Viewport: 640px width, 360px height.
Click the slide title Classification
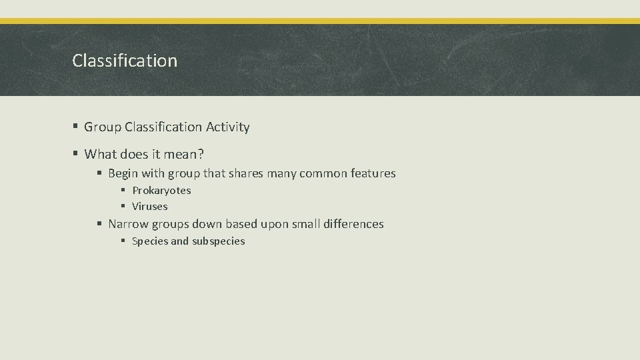[x=125, y=61]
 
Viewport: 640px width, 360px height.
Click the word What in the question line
[x=101, y=155]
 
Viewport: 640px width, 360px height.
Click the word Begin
[x=123, y=173]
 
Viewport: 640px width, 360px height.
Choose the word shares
[x=246, y=173]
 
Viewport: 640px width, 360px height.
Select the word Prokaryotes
[x=161, y=191]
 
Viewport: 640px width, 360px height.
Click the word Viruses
[x=149, y=207]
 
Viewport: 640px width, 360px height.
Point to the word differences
[x=353, y=224]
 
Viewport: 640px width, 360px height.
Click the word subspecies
[x=219, y=241]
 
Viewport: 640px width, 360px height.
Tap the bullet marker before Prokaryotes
[x=123, y=191]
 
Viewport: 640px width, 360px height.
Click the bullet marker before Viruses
[x=123, y=207]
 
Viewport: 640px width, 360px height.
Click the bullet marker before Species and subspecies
[x=123, y=241]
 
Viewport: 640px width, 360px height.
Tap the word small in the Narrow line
[x=306, y=224]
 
